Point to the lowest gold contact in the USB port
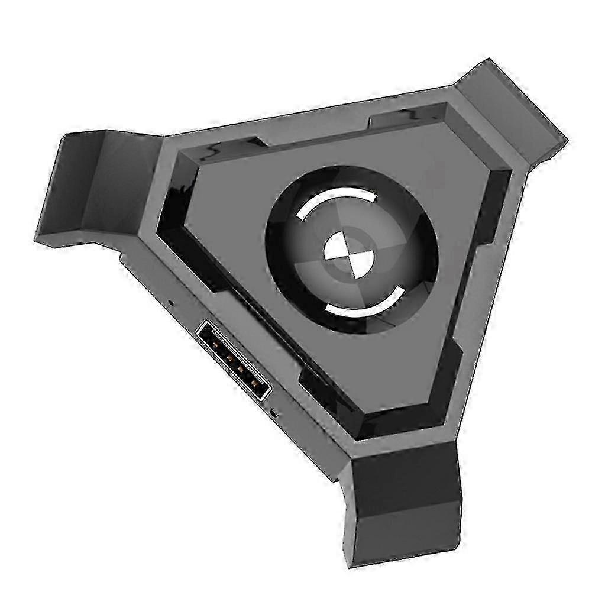pos(254,383)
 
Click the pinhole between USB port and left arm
pos(170,302)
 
